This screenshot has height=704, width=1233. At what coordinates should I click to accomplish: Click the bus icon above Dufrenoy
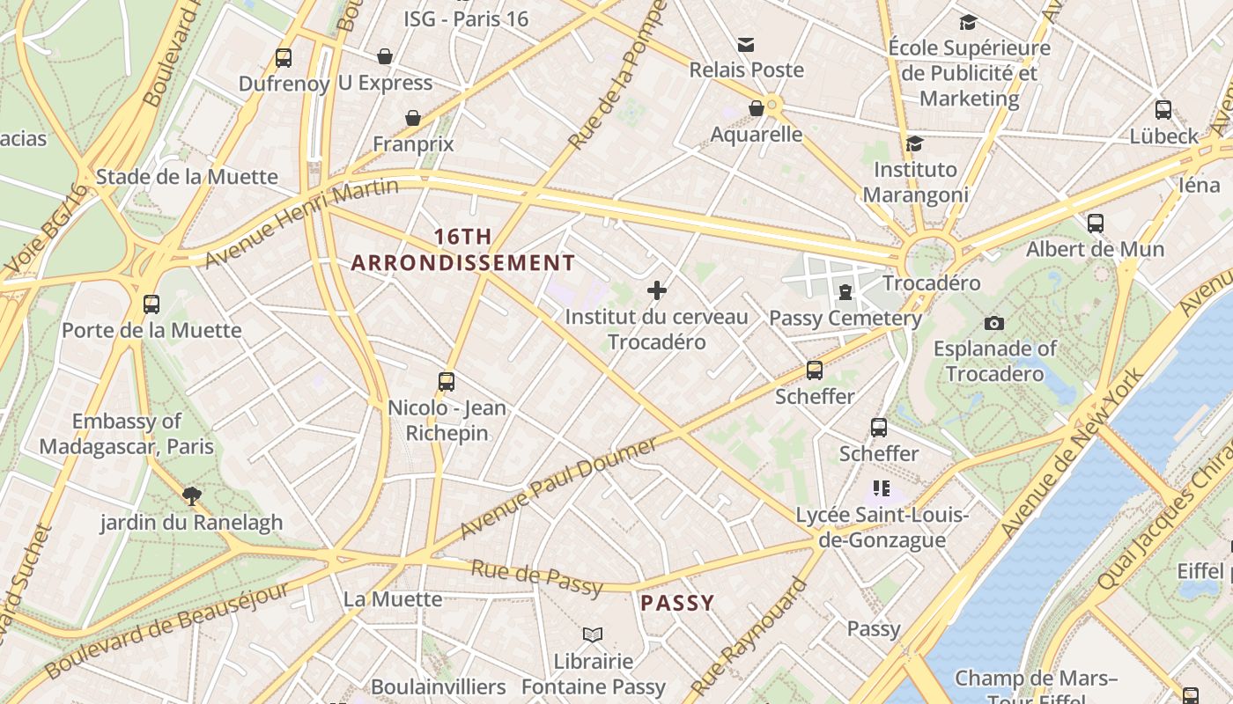click(x=283, y=58)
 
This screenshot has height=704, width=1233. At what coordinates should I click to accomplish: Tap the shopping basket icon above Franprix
click(x=412, y=118)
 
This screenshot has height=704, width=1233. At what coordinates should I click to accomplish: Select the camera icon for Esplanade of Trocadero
click(x=994, y=323)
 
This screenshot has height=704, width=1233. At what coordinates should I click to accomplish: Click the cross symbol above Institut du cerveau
click(x=656, y=290)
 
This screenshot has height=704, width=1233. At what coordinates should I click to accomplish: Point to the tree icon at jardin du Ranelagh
click(x=191, y=496)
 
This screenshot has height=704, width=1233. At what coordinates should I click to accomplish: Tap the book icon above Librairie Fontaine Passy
click(x=593, y=634)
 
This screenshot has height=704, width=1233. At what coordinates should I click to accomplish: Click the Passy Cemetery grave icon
click(x=845, y=291)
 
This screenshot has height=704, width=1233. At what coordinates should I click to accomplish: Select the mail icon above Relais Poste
click(x=746, y=44)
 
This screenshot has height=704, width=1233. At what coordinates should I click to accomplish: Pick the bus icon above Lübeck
click(x=1163, y=110)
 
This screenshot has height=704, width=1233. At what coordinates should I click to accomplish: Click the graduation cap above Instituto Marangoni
click(x=914, y=143)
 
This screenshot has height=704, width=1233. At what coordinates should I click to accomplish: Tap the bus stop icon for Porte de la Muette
click(x=151, y=304)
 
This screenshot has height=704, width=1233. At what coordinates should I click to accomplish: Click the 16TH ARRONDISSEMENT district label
click(x=462, y=250)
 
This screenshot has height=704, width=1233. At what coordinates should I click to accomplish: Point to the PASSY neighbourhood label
click(x=677, y=603)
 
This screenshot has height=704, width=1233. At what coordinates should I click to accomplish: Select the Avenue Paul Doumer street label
click(x=559, y=487)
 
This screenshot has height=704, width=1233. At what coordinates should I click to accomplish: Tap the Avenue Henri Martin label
click(x=301, y=222)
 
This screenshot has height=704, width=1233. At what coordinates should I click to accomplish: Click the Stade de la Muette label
click(x=187, y=177)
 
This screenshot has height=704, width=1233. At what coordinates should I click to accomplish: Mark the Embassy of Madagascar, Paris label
click(x=127, y=434)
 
